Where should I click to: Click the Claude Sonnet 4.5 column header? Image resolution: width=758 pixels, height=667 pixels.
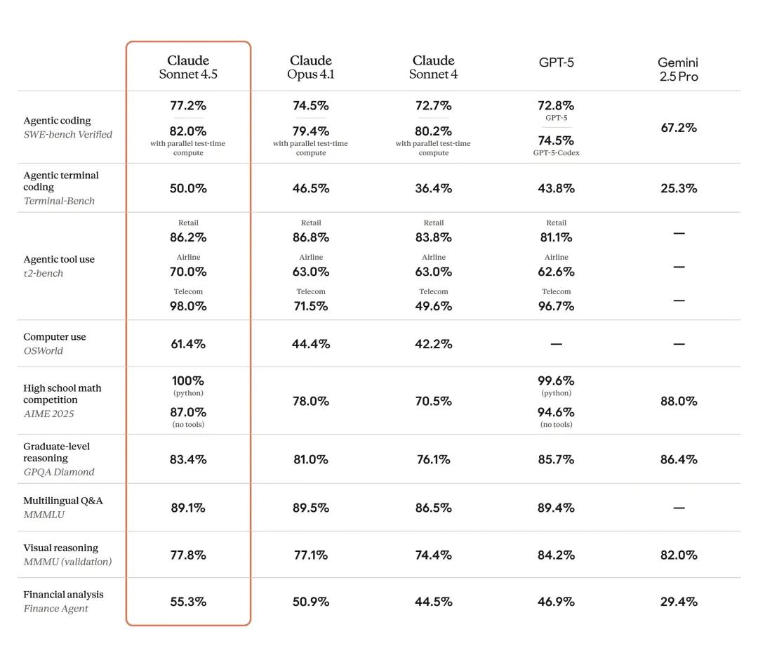[x=188, y=67]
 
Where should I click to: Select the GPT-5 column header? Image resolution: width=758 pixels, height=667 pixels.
[x=556, y=62]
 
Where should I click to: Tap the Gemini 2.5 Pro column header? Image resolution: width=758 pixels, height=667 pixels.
[x=678, y=70]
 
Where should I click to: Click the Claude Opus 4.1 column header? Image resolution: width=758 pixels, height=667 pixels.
[x=310, y=67]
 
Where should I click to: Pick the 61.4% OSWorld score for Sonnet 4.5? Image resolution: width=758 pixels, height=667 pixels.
[x=188, y=344]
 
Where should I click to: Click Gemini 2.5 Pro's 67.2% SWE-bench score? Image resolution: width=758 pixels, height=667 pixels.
[x=678, y=128]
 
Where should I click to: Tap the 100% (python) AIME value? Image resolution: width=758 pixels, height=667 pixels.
[x=188, y=381]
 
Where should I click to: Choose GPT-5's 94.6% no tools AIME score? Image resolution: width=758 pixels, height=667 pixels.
[x=556, y=412]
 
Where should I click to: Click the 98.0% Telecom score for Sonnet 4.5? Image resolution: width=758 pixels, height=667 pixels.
[x=188, y=306]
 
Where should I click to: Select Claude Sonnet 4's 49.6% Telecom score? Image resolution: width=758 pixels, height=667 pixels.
[x=433, y=306]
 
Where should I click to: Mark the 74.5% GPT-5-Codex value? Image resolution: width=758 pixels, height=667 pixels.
[x=556, y=140]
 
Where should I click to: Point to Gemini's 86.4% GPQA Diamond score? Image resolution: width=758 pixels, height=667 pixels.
[x=678, y=460]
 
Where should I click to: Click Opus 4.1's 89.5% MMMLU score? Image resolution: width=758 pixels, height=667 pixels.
[x=310, y=508]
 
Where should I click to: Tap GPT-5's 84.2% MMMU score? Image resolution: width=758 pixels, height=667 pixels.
[x=556, y=555]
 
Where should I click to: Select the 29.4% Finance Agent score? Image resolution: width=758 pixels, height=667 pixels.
[x=678, y=602]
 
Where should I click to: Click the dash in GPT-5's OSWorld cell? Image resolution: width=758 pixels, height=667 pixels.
[x=556, y=344]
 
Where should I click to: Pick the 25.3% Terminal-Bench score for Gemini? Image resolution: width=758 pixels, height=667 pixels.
[x=678, y=188]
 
